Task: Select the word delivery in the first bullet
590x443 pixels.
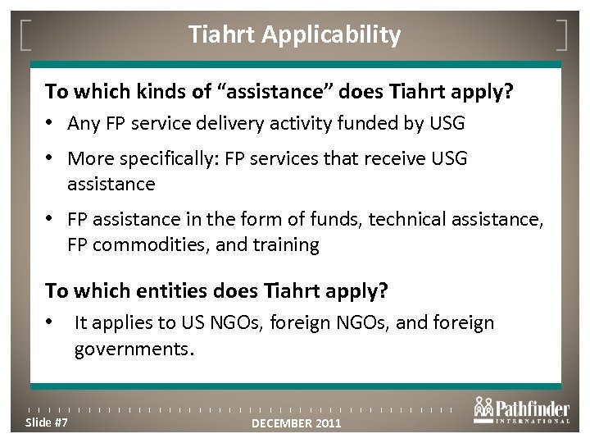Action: (x=241, y=125)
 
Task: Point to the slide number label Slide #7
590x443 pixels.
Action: (x=47, y=422)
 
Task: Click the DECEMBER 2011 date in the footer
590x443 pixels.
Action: (x=295, y=423)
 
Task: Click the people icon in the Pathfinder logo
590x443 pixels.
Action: (x=483, y=408)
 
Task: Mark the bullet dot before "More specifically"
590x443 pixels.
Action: (x=50, y=159)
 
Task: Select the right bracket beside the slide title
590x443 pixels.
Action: (x=564, y=34)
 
